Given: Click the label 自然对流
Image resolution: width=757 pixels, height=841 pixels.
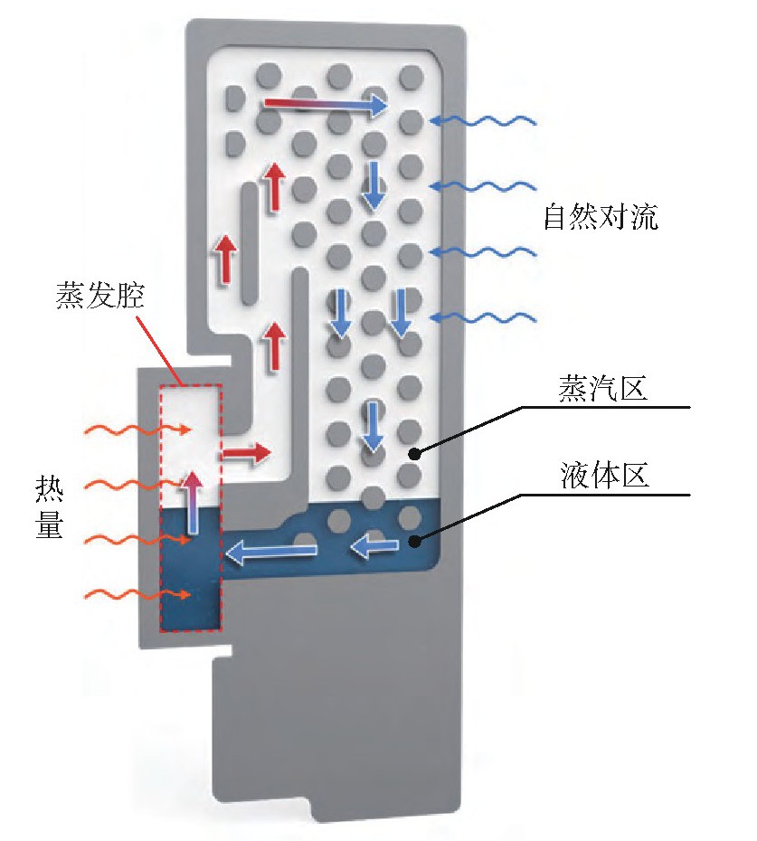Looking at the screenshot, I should pos(601,218).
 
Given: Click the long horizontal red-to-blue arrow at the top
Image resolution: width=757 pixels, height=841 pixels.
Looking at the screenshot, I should pos(326,106).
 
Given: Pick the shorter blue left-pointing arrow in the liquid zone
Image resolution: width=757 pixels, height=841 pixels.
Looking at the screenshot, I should pos(375,544).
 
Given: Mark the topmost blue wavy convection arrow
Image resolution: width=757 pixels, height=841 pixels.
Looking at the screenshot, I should pos(483,120).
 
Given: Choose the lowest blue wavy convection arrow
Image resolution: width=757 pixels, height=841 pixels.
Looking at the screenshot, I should pos(483,317).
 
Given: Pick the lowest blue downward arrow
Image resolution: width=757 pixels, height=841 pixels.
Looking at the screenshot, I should pos(372,427).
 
